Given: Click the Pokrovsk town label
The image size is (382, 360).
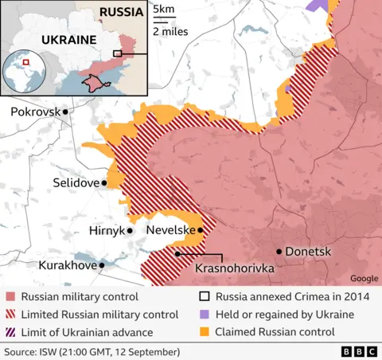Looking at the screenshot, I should click(x=35, y=112).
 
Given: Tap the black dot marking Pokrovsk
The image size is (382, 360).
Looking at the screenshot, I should click(x=66, y=112).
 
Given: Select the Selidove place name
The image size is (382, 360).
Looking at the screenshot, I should click(x=76, y=183).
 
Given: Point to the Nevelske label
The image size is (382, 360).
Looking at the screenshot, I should click(x=170, y=230).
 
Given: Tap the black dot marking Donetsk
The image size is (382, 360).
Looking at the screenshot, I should click(x=279, y=252).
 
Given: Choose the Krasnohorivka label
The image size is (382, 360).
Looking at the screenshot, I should click(x=235, y=269).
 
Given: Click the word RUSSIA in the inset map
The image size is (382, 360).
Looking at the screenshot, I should click(x=121, y=12).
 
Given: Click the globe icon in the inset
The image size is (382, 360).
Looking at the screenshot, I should click(x=26, y=72).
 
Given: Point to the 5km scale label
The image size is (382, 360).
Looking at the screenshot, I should click(x=164, y=10).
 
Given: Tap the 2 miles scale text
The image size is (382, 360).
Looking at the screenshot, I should click(x=170, y=32).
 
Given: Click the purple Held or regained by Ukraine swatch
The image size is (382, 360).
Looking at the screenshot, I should click(x=204, y=314).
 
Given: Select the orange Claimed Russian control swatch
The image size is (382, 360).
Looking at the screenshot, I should click(x=204, y=332).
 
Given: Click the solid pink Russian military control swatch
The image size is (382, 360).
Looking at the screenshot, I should click(x=10, y=296).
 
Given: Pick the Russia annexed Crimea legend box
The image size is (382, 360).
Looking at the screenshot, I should click(x=204, y=296).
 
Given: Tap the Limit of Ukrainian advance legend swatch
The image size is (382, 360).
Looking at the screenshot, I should click(x=10, y=332).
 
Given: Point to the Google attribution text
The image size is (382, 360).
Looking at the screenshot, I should click(x=364, y=279).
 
